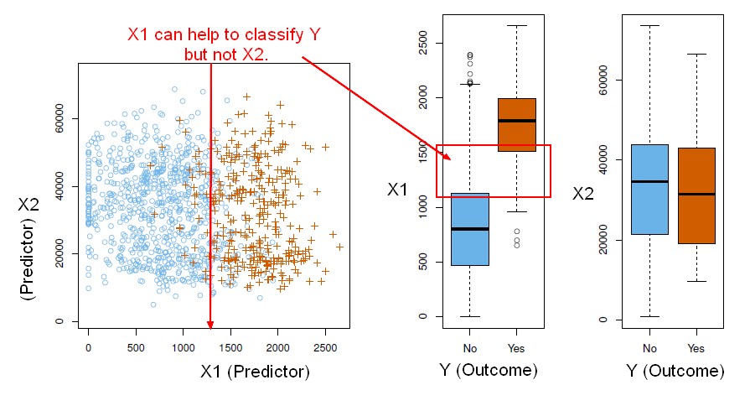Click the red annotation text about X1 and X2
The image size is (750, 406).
click(x=225, y=44)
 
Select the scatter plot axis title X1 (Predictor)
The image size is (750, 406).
click(x=256, y=371)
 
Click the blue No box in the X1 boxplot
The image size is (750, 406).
click(x=469, y=229)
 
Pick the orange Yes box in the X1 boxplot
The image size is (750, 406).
click(x=517, y=124)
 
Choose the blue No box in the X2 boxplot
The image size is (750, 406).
click(x=649, y=190)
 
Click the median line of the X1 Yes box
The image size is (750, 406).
click(x=517, y=121)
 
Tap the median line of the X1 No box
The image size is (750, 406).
click(x=469, y=228)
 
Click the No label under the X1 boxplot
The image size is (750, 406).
click(x=469, y=347)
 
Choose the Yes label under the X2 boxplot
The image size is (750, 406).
click(x=695, y=347)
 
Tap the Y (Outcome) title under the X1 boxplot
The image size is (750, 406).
click(x=489, y=370)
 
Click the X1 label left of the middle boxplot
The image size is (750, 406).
click(x=399, y=190)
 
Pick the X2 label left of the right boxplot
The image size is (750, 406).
click(x=585, y=194)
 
